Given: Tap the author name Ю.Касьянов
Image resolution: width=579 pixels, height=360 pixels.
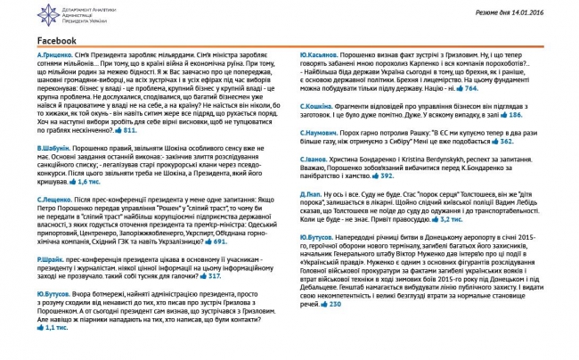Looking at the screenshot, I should pyautogui.click(x=318, y=56).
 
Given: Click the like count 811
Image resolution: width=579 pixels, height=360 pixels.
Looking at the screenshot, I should pyautogui.click(x=129, y=130).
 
